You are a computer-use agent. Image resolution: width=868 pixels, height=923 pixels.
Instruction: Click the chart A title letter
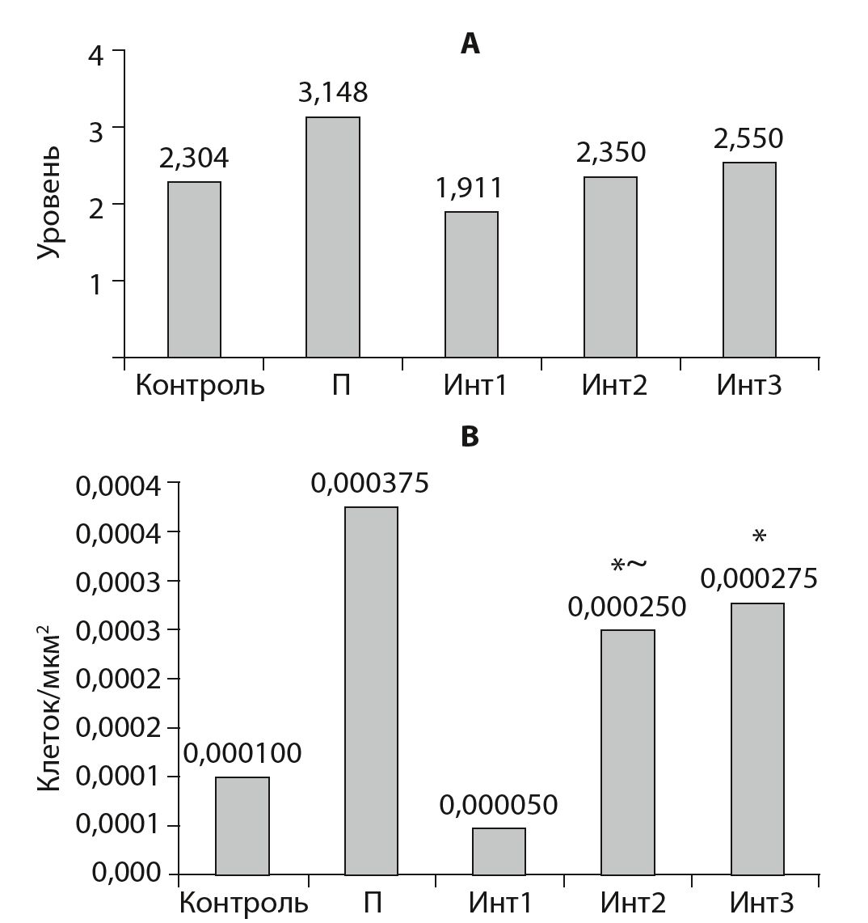pyautogui.click(x=470, y=44)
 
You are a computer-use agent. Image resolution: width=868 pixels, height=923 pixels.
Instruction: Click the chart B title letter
pyautogui.click(x=470, y=437)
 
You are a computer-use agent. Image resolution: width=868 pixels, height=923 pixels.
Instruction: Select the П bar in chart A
pyautogui.click(x=332, y=236)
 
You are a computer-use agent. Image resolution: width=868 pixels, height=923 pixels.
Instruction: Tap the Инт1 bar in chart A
pyautogui.click(x=471, y=284)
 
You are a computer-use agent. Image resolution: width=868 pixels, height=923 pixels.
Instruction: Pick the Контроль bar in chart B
pyautogui.click(x=242, y=825)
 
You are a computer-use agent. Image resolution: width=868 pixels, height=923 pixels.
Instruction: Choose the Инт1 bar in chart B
pyautogui.click(x=499, y=850)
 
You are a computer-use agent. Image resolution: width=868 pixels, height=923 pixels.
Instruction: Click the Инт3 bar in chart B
pyautogui.click(x=756, y=738)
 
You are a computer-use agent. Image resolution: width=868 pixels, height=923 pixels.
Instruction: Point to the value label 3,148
pyautogui.click(x=333, y=93)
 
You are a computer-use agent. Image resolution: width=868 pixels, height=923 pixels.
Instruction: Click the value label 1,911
pyautogui.click(x=470, y=188)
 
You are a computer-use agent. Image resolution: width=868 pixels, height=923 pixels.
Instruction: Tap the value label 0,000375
pyautogui.click(x=370, y=484)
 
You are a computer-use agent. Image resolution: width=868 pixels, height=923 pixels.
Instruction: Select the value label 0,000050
pyautogui.click(x=499, y=806)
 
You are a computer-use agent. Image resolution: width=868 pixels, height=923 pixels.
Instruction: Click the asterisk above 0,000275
pyautogui.click(x=758, y=536)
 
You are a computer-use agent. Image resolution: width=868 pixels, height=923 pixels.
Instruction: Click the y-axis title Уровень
pyautogui.click(x=50, y=203)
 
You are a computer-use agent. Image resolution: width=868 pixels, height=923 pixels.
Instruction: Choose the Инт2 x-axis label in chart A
pyautogui.click(x=614, y=385)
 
